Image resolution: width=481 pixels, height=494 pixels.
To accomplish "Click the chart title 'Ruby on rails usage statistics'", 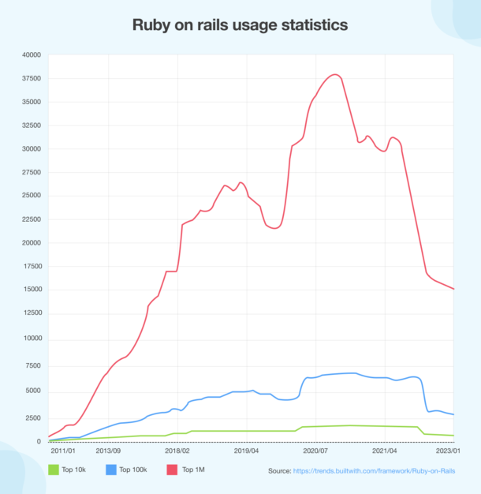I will coord(240,26).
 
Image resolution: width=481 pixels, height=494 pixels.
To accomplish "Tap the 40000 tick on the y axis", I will coord(32,55).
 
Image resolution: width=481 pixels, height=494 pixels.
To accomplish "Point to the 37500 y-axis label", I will coord(32,79).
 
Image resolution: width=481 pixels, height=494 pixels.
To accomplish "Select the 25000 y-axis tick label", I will coord(32,196).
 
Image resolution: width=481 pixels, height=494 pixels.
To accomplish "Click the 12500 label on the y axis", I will coord(32,312).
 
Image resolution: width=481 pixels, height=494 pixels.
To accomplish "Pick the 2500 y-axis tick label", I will coord(34,417).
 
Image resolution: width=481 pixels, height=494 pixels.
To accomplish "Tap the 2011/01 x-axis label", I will coord(62,452).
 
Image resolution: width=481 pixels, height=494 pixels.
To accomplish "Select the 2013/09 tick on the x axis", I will coord(108,452).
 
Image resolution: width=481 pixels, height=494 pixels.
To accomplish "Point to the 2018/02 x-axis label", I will coord(177,452).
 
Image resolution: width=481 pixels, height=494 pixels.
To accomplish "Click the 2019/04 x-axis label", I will coord(246,452).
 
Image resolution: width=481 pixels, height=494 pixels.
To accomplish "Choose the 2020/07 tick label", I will coord(315,452).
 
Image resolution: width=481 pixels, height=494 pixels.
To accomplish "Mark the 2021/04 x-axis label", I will coord(384,452).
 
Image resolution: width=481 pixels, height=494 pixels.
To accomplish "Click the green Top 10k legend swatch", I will coord(54,470).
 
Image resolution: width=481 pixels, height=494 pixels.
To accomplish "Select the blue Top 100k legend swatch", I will coord(110,470).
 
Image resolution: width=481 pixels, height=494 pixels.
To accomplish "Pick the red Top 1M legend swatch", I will coord(170,470).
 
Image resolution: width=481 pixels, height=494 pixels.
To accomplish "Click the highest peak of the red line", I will coord(335,74).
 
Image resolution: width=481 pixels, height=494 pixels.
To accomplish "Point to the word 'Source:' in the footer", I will coord(279,471).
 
